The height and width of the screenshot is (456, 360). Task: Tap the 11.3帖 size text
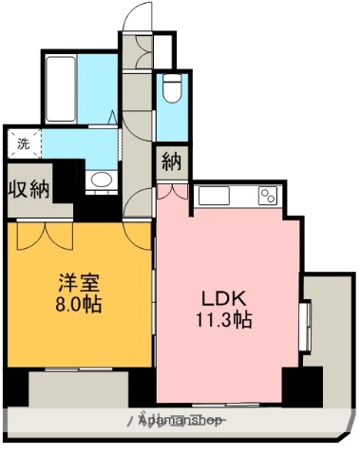pyautogui.click(x=224, y=319)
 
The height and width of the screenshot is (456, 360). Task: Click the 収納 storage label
pyautogui.click(x=28, y=189)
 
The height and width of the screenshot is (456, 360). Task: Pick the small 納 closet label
pyautogui.click(x=171, y=161)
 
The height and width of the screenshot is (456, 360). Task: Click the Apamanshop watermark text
pyautogui.click(x=180, y=420)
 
